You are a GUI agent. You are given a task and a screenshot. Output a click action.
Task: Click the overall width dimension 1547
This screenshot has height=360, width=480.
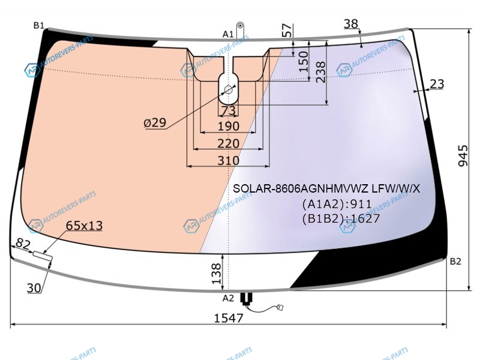tap(229, 318)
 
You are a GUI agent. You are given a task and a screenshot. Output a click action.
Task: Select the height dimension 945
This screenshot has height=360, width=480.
tap(463, 155)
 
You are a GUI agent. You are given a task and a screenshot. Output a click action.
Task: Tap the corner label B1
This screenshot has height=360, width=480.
tap(39, 25)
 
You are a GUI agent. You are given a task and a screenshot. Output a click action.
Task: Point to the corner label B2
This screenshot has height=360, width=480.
tap(455, 262)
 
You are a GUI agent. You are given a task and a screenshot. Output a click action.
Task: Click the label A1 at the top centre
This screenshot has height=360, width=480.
tap(228, 34)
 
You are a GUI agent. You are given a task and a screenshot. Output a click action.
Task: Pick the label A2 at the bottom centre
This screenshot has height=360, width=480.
tap(228, 298)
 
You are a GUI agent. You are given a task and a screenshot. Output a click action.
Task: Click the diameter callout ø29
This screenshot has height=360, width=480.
tap(155, 123)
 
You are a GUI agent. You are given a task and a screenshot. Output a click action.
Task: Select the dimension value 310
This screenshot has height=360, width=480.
tap(229, 160)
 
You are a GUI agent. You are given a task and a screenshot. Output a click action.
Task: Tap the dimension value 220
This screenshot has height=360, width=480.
tap(229, 143)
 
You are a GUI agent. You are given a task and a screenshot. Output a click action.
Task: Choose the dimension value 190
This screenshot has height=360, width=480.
tap(229, 126)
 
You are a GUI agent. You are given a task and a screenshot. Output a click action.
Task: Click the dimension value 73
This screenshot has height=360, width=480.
tap(229, 110)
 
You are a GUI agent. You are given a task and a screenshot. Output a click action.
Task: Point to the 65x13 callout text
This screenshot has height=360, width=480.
tap(84, 226)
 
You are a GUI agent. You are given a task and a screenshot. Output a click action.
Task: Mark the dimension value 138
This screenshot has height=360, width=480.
tap(216, 274)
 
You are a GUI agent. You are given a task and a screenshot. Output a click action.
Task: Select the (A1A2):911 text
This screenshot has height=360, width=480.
tap(337, 204)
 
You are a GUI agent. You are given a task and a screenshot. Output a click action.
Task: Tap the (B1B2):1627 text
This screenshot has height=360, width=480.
tap(341, 218)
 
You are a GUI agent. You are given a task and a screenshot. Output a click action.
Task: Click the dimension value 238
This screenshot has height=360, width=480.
tap(320, 72)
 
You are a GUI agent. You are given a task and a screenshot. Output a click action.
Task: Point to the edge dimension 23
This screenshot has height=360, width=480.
tap(437, 84)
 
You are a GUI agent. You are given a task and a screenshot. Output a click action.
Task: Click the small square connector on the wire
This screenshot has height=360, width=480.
tap(280, 307)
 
